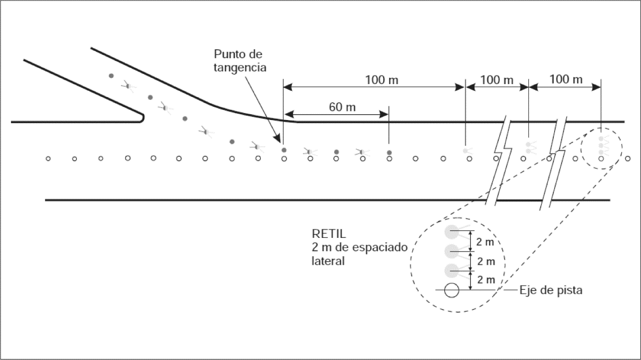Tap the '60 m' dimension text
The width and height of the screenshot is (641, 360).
(x=342, y=107)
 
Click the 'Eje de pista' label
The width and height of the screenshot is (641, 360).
(x=550, y=290)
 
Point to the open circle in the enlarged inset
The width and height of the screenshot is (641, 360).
(x=451, y=290)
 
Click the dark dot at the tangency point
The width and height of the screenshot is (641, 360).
(x=284, y=151)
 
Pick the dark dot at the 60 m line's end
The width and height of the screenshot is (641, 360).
(x=389, y=152)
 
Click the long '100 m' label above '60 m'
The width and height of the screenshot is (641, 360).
(x=381, y=80)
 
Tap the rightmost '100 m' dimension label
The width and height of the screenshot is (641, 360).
(x=566, y=80)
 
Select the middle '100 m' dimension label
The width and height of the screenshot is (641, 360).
(x=497, y=80)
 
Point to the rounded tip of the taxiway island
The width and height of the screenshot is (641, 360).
(x=143, y=117)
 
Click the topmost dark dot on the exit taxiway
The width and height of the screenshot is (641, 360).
(x=111, y=76)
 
